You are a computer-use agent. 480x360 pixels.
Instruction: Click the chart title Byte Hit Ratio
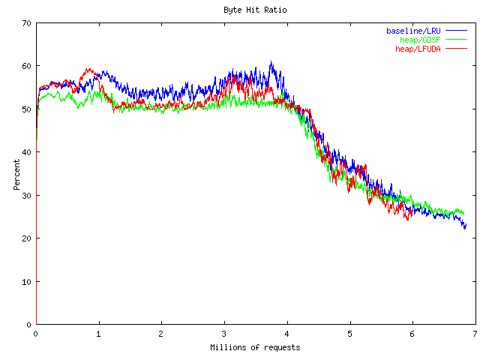[255, 10]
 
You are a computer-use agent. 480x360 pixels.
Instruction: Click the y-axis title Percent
[16, 173]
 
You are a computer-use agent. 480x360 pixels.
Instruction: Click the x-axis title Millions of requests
[255, 347]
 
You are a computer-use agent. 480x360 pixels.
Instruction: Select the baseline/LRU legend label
[414, 31]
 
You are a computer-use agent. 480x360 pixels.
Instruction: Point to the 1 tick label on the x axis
[98, 334]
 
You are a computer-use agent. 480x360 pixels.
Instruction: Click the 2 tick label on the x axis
[161, 334]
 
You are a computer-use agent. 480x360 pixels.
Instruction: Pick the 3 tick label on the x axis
[223, 334]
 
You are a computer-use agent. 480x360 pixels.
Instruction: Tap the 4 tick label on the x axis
[286, 334]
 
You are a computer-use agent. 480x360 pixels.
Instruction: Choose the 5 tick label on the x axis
[349, 334]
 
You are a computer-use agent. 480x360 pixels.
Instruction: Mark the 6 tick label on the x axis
[412, 334]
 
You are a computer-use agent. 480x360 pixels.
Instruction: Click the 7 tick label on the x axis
[475, 334]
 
